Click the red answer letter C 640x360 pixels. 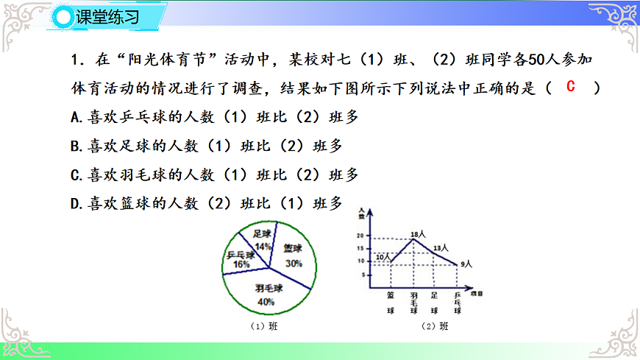pyautogui.click(x=571, y=87)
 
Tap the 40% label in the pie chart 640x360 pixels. pyautogui.click(x=266, y=302)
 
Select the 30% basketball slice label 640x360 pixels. pyautogui.click(x=294, y=263)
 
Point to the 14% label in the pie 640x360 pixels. pyautogui.click(x=263, y=245)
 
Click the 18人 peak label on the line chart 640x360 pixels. pyautogui.click(x=419, y=233)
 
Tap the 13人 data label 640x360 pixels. pyautogui.click(x=441, y=248)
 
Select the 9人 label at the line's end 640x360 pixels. pyautogui.click(x=466, y=263)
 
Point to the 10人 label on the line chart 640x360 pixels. pyautogui.click(x=382, y=256)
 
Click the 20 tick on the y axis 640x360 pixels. pyautogui.click(x=360, y=236)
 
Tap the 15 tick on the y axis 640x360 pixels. pyautogui.click(x=360, y=249)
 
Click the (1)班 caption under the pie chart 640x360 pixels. pyautogui.click(x=265, y=325)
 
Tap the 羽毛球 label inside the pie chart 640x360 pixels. pyautogui.click(x=269, y=288)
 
